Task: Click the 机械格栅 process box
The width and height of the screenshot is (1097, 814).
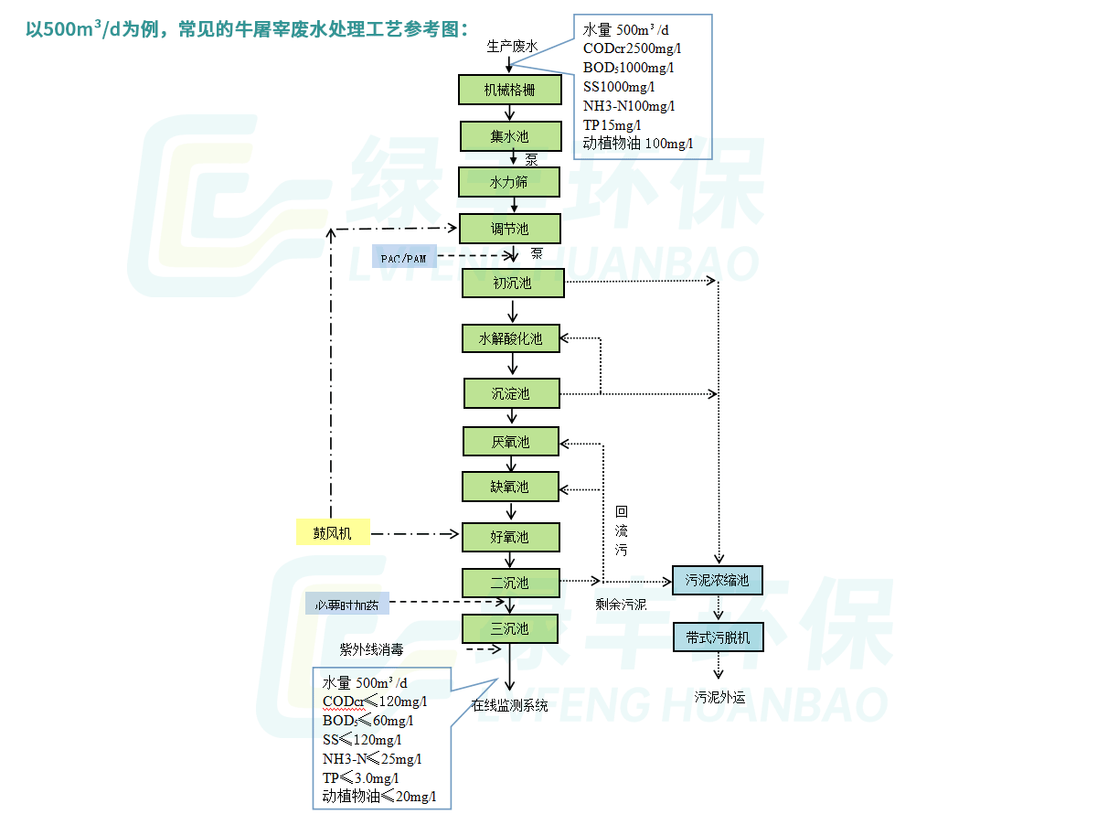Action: tap(509, 90)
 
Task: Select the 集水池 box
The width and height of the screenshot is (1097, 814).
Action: tap(509, 137)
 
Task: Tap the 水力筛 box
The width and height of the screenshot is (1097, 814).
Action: tap(508, 182)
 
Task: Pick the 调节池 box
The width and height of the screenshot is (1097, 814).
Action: tap(509, 229)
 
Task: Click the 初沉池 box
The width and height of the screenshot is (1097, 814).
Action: tap(513, 283)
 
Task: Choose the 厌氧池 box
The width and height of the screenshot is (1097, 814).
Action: tap(511, 442)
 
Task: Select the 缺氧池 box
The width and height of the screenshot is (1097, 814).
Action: tap(510, 487)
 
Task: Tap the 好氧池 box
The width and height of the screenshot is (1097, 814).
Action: tap(510, 537)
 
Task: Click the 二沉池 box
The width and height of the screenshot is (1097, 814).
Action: tap(509, 583)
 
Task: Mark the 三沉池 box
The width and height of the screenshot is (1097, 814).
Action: tap(509, 628)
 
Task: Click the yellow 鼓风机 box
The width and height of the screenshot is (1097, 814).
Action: tap(333, 532)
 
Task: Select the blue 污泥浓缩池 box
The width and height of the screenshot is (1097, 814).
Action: tap(718, 580)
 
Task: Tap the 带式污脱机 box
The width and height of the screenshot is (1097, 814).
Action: tap(718, 637)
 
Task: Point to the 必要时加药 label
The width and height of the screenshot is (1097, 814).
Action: tap(347, 605)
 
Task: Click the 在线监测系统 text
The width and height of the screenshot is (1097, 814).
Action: tap(510, 705)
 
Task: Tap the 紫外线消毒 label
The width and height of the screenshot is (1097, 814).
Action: tap(371, 649)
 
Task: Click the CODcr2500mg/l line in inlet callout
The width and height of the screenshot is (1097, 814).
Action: tap(632, 49)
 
